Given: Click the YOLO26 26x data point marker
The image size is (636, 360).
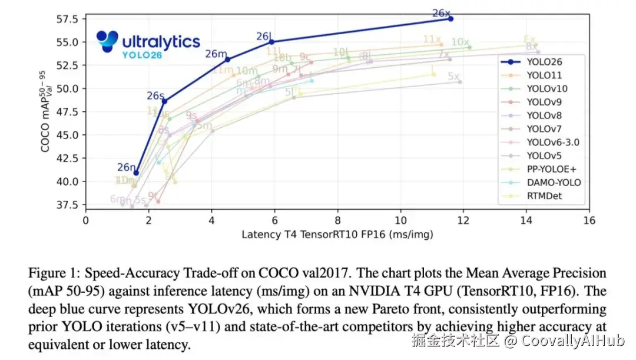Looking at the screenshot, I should tap(450, 19).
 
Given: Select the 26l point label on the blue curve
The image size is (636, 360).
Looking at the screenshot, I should tap(263, 37).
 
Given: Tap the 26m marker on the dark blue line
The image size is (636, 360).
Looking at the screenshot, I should tap(227, 60).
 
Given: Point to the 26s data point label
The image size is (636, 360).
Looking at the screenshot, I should tap(155, 95).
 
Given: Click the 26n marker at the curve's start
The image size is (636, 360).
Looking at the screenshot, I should tap(136, 173).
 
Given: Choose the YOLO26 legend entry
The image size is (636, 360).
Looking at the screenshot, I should tap(544, 61).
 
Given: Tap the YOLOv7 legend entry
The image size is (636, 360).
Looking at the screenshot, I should tap(544, 129).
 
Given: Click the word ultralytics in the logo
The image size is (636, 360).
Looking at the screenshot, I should tap(161, 42).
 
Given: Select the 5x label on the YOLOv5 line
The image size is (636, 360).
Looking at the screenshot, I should tap(453, 77).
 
